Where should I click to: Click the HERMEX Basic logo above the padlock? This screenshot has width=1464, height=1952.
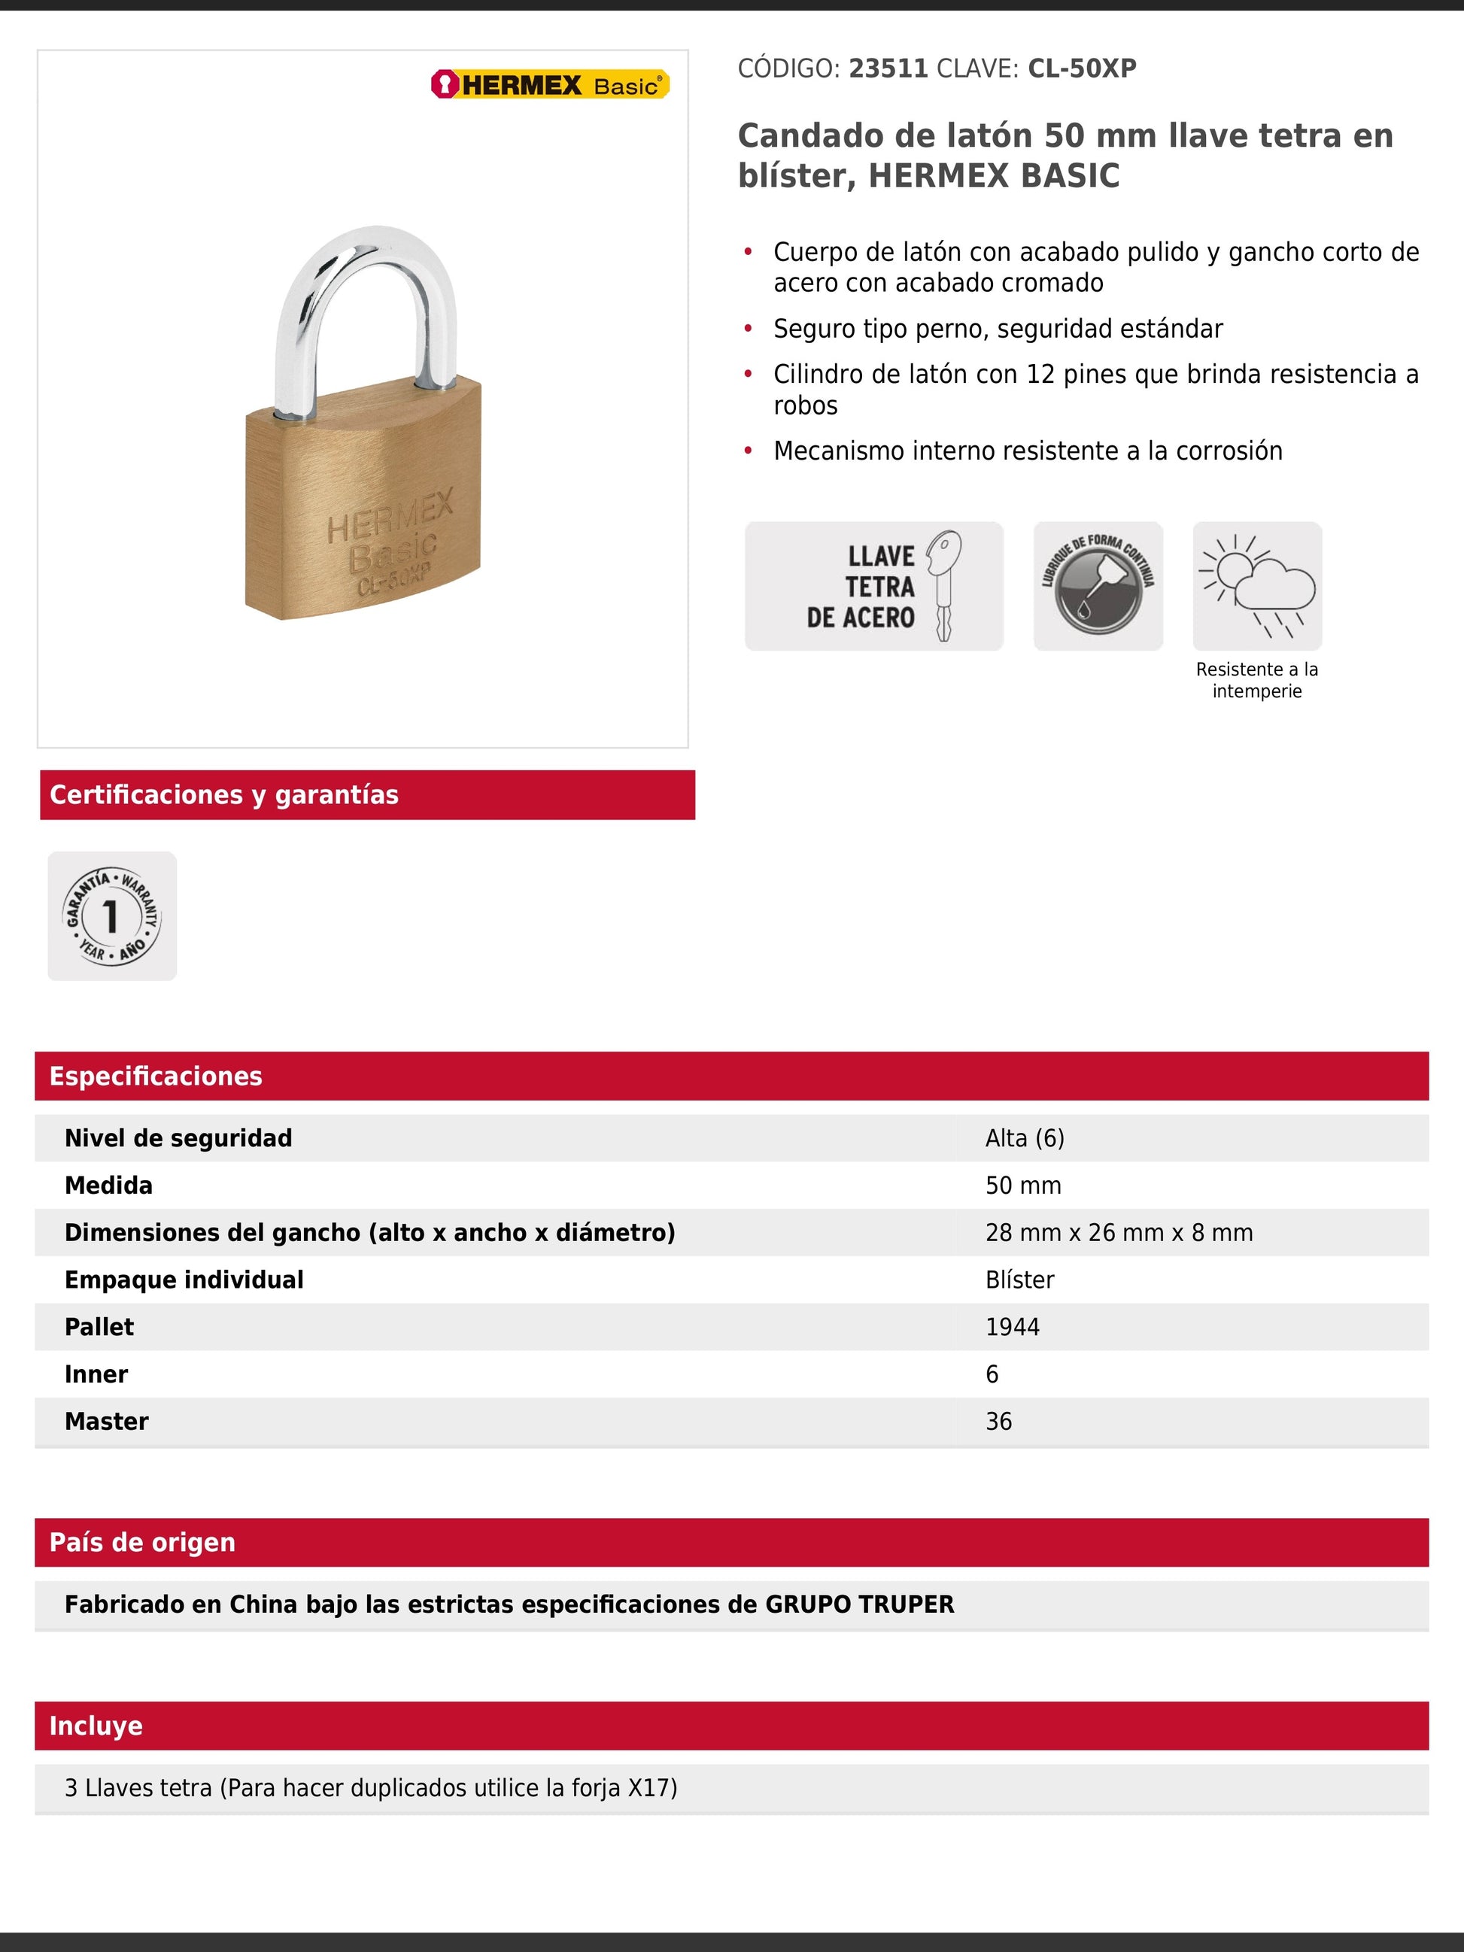550,85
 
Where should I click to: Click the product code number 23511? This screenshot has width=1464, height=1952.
888,69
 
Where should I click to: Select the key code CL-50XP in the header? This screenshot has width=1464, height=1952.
1082,69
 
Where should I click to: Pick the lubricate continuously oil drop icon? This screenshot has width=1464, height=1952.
1098,586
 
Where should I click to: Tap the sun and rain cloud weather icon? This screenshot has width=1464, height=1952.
1256,586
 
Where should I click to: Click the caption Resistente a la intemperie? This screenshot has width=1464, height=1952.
1256,680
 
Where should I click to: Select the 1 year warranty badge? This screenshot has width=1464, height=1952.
112,916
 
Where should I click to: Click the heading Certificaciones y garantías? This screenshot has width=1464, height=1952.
224,795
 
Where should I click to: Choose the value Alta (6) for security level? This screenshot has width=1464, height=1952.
1025,1138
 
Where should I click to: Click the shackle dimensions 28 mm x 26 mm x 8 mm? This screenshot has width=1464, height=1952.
1119,1233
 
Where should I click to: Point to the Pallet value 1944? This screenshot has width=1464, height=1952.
1012,1327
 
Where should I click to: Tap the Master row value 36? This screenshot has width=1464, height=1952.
998,1422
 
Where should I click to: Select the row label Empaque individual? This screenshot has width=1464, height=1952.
184,1280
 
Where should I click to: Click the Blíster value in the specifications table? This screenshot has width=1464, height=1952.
1019,1280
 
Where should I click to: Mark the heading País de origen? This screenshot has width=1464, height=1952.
142,1543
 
